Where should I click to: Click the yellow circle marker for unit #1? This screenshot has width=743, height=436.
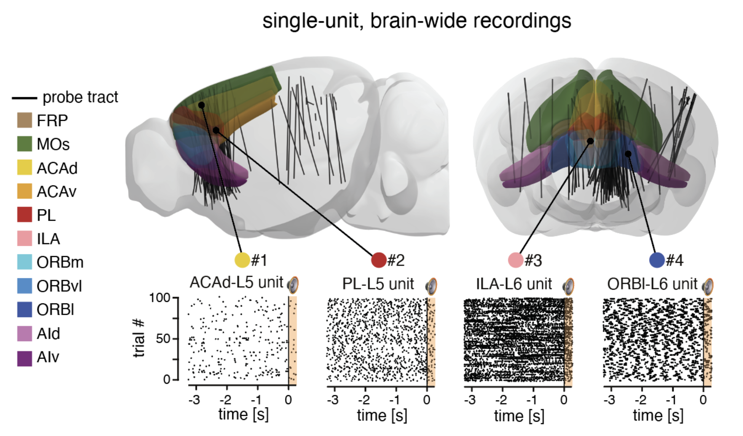242,260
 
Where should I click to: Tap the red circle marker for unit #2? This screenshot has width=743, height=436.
379,260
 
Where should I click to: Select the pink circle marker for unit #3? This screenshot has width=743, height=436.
516,260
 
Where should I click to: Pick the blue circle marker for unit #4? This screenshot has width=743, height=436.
657,260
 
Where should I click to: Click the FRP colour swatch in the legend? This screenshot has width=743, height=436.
25,120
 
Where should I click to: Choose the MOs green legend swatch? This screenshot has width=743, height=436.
25,144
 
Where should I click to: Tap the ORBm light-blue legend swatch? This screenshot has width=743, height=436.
25,262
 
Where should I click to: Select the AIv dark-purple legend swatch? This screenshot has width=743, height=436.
25,357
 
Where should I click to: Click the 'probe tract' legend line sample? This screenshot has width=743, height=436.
24,98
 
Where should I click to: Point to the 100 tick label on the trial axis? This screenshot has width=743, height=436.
159,298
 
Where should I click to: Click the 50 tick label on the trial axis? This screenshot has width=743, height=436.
163,338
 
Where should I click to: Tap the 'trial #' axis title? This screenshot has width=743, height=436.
139,338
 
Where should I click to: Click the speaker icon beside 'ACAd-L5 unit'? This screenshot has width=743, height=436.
293,285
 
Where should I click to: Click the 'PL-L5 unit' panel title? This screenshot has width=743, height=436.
378,284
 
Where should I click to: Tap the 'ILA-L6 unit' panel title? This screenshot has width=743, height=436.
514,284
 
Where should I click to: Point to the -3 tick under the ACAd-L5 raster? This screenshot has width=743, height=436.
195,400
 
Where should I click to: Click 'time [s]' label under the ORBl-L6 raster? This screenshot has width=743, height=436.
658,415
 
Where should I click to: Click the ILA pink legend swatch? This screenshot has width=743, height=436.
25,239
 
